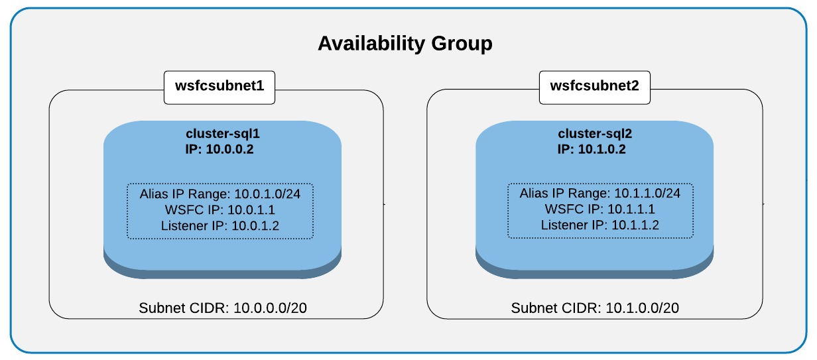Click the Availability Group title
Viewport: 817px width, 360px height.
405,44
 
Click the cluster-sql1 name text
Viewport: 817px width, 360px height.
222,135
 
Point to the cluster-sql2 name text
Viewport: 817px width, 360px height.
594,135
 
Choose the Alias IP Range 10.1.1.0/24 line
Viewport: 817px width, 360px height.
600,194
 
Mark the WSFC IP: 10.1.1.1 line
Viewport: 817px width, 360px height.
600,210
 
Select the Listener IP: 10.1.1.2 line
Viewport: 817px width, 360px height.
600,225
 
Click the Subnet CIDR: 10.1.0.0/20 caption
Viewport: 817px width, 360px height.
594,308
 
